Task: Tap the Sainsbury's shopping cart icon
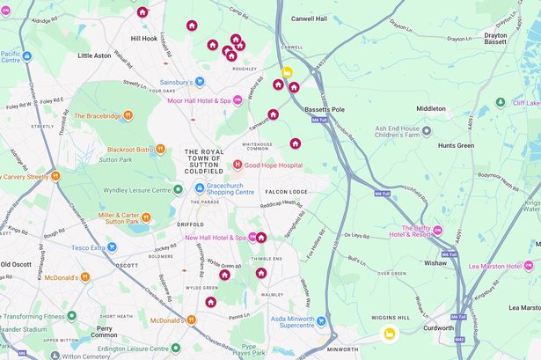click(200, 82)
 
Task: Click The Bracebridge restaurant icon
click(128, 115)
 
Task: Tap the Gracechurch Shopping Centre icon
click(199, 187)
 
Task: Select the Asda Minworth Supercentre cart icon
click(321, 321)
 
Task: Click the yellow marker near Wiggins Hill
click(389, 334)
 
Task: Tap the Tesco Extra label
click(113, 247)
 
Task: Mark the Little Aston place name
click(95, 55)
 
